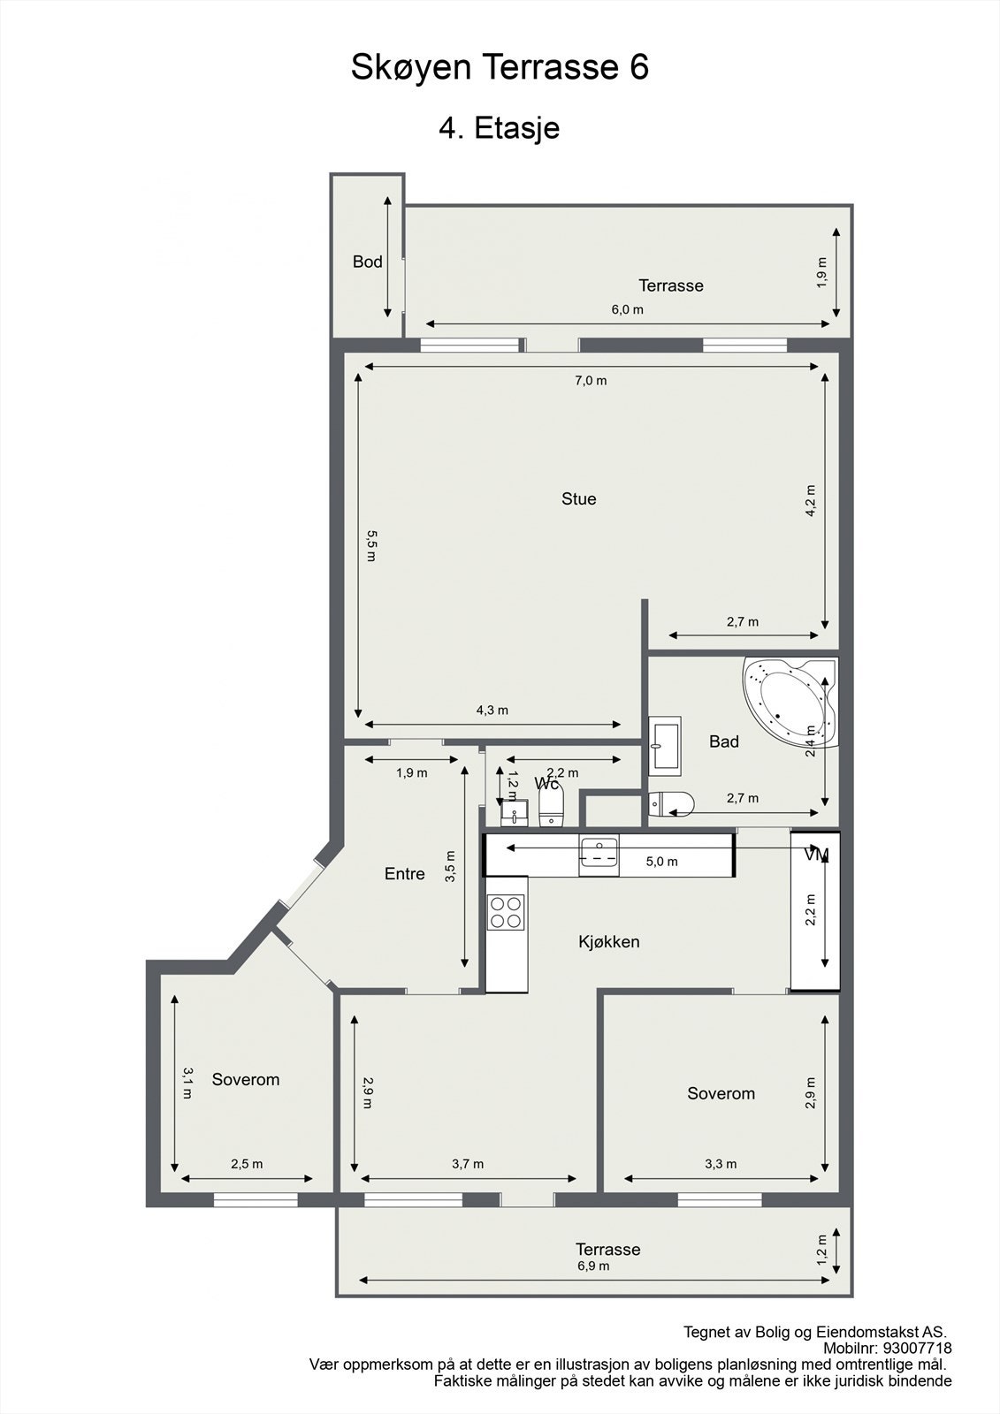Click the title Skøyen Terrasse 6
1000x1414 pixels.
[500, 67]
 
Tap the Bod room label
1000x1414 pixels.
[368, 262]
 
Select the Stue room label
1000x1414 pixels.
[579, 499]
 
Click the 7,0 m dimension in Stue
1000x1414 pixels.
[591, 381]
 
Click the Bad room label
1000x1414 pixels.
[723, 741]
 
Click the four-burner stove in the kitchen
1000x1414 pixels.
[507, 912]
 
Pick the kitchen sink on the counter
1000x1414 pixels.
[599, 855]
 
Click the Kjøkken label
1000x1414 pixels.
[609, 942]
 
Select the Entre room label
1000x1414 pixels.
[405, 874]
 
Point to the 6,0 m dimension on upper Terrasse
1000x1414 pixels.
[628, 310]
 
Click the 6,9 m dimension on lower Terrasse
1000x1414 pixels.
[593, 1266]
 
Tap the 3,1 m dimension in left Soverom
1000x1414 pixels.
[187, 1083]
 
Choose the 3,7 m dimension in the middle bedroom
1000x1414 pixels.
[468, 1164]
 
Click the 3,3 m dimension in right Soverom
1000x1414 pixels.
[721, 1164]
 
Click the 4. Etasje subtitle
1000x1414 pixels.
[500, 128]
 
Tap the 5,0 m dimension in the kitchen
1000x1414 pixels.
[661, 862]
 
